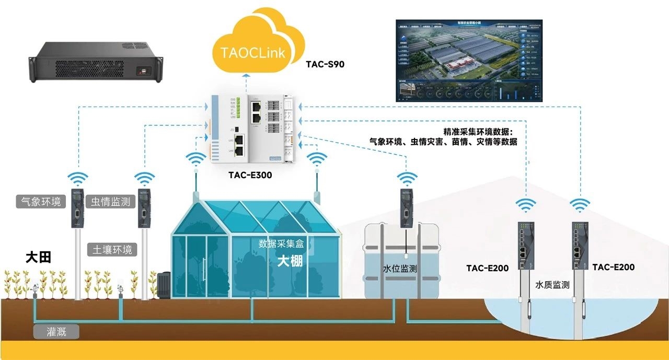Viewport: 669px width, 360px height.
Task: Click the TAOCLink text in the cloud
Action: pyautogui.click(x=253, y=53)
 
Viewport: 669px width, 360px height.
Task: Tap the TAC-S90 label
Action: pyautogui.click(x=325, y=65)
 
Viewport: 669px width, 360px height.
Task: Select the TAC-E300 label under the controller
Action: pyautogui.click(x=250, y=175)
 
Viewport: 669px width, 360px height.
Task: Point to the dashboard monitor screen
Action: pyautogui.click(x=469, y=60)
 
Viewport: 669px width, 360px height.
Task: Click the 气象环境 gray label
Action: pyautogui.click(x=41, y=202)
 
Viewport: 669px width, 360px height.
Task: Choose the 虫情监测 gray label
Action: pyautogui.click(x=110, y=202)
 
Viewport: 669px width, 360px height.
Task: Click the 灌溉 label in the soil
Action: pyautogui.click(x=56, y=332)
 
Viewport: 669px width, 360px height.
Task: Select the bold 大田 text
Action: pyautogui.click(x=38, y=258)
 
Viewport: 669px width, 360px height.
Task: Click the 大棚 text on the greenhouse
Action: pyautogui.click(x=290, y=261)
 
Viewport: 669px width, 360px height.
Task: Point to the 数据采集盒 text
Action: pyautogui.click(x=281, y=243)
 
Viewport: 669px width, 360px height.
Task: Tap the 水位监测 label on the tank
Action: pyautogui.click(x=400, y=269)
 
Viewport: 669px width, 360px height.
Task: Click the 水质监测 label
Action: pyautogui.click(x=552, y=285)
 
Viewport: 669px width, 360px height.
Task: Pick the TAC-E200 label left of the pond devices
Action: pyautogui.click(x=487, y=269)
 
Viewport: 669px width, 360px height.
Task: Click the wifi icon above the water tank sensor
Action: pyautogui.click(x=408, y=178)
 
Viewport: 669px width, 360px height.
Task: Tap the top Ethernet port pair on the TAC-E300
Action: pyautogui.click(x=257, y=109)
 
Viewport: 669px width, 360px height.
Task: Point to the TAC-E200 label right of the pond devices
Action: pyautogui.click(x=614, y=267)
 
